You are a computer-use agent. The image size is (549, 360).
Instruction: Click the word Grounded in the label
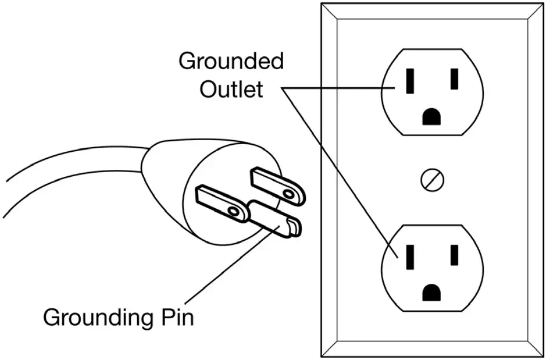(231, 62)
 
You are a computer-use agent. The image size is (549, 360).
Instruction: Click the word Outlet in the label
(231, 90)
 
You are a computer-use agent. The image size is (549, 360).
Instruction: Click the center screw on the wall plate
(432, 180)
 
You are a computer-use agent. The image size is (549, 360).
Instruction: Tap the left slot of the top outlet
(410, 81)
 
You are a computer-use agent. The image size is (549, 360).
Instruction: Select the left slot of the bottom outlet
(410, 256)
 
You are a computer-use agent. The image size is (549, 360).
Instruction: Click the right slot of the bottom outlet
(454, 255)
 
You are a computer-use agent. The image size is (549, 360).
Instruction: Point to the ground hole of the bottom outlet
(431, 292)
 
